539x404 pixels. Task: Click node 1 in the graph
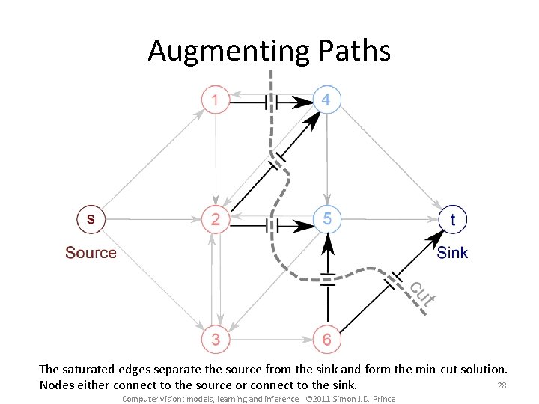[216, 100]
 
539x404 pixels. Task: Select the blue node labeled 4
[326, 100]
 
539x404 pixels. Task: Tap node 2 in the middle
[216, 219]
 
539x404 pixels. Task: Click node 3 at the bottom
[216, 339]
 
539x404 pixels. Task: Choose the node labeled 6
[327, 339]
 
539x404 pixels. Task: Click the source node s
[91, 219]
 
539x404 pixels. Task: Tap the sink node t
[452, 219]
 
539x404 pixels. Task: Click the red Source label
[91, 253]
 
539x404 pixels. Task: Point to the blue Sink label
[452, 253]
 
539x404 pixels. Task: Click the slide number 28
[502, 385]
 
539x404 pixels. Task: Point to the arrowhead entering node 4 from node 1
[304, 101]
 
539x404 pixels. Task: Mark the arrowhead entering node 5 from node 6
[327, 241]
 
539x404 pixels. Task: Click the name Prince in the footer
[383, 399]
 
